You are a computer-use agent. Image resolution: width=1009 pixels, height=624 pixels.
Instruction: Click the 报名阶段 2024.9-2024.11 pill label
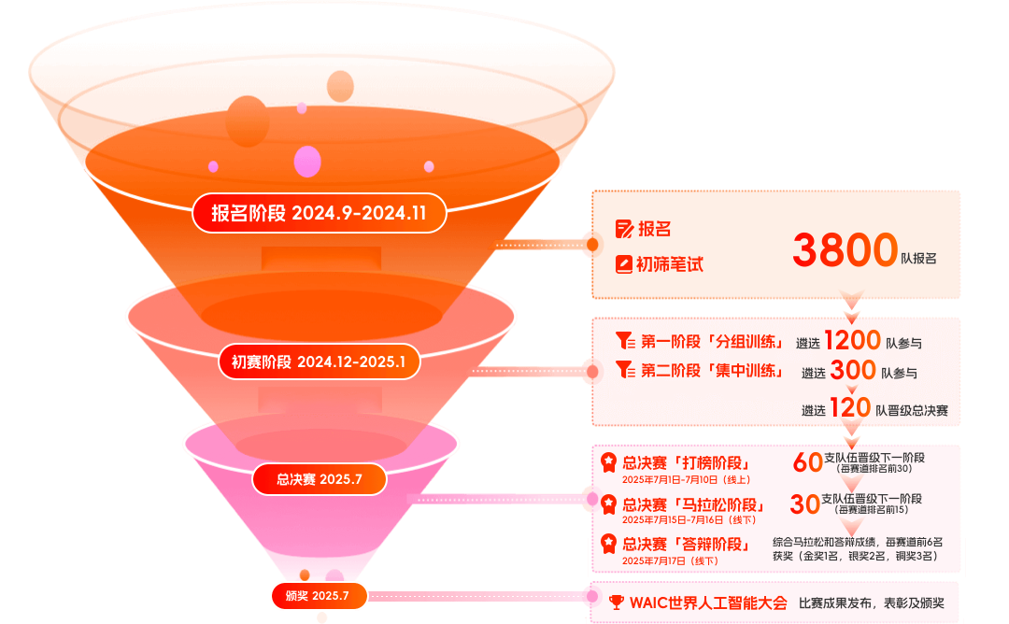tap(319, 213)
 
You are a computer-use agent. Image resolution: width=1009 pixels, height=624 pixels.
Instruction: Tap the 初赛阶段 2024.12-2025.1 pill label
tap(320, 362)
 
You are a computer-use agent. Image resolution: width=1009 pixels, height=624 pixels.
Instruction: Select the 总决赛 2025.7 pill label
tap(319, 479)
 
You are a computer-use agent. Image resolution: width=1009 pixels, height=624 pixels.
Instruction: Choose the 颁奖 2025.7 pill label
tap(318, 595)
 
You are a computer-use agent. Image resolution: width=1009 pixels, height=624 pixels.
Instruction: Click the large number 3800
tap(845, 250)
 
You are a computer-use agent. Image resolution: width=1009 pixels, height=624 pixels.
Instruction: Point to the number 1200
tap(852, 340)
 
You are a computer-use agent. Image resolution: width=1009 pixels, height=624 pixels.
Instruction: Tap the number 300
tap(853, 371)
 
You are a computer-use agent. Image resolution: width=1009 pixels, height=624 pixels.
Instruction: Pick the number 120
tap(850, 408)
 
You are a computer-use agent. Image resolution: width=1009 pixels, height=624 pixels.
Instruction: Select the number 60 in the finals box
tap(807, 461)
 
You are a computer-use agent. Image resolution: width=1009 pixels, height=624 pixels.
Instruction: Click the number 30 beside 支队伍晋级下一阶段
tap(804, 504)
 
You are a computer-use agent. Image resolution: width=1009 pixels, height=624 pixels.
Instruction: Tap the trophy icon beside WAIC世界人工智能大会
tap(617, 603)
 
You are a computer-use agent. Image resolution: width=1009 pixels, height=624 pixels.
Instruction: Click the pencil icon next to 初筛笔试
tap(623, 264)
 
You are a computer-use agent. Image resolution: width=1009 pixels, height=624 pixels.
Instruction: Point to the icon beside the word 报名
tap(624, 229)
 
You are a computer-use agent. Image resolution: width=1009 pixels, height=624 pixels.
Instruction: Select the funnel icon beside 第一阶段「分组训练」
tap(624, 341)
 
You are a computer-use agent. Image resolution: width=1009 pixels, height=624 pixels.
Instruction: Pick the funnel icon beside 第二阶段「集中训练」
tap(624, 370)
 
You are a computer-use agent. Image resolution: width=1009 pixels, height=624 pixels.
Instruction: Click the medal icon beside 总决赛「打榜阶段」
tap(608, 461)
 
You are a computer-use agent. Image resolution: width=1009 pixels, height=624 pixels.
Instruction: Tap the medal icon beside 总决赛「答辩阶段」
tap(608, 543)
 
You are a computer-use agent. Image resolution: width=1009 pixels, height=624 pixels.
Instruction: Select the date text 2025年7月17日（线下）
tap(670, 560)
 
